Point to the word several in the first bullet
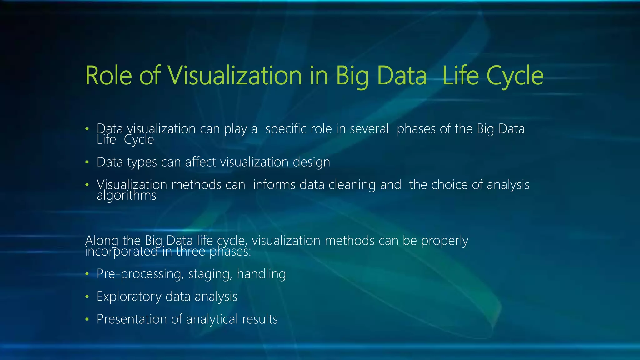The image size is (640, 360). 369,129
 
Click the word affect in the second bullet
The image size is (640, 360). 200,162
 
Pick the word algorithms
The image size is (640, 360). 126,196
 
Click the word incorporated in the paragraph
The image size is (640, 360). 121,252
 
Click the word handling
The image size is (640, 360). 261,274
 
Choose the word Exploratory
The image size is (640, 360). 129,297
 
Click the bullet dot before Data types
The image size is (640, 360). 87,162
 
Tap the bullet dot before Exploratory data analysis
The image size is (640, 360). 87,297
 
